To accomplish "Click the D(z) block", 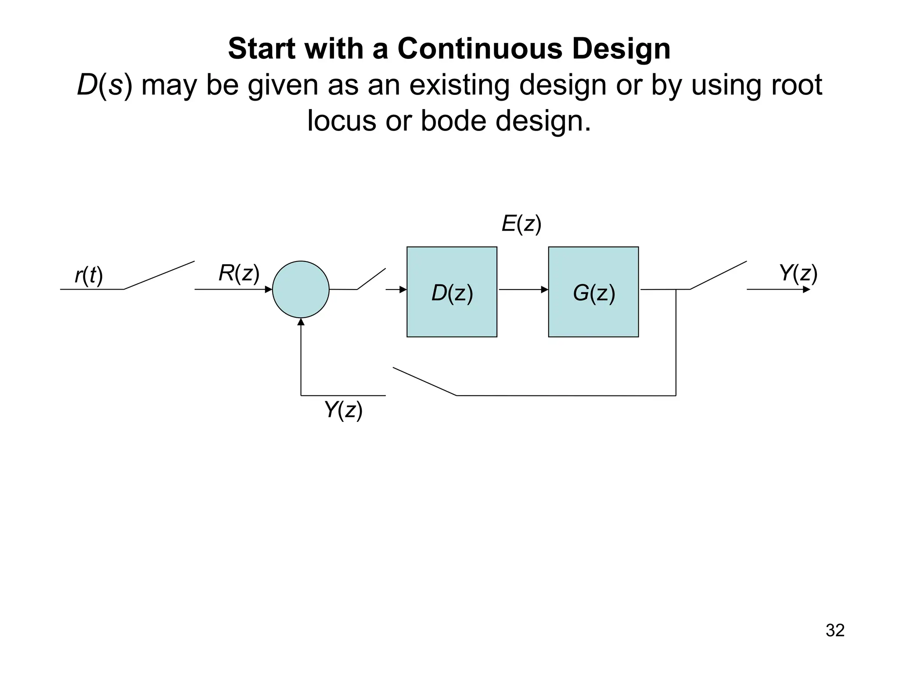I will (452, 292).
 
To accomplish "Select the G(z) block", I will (593, 292).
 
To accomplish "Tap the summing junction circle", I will (301, 289).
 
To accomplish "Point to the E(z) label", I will (521, 224).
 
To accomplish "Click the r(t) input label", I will (89, 276).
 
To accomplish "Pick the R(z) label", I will (239, 273).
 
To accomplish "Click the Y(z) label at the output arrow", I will (798, 273).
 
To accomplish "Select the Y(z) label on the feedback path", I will (343, 410).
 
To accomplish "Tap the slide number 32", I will (835, 630).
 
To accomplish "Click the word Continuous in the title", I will (480, 48).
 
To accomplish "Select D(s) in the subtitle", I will (104, 85).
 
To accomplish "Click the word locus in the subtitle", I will (342, 120).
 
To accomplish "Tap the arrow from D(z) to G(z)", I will (523, 290).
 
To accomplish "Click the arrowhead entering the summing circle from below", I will (301, 322).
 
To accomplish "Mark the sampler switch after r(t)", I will (159, 276).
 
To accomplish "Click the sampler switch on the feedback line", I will (424, 381).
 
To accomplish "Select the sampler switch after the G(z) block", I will (718, 276).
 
